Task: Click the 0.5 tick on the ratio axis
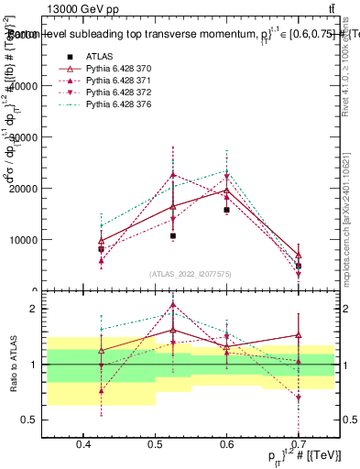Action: click(x=34, y=420)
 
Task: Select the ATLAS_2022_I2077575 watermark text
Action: click(x=190, y=274)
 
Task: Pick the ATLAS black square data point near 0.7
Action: click(x=298, y=266)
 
